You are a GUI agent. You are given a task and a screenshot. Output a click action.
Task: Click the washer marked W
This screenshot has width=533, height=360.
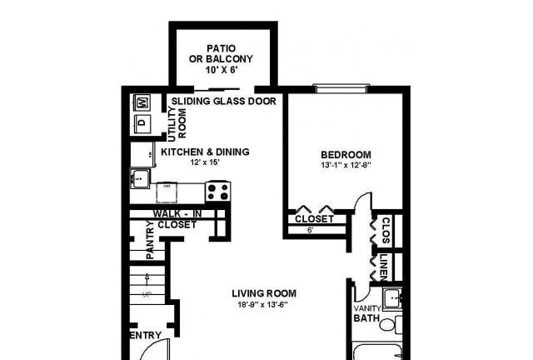tap(142, 102)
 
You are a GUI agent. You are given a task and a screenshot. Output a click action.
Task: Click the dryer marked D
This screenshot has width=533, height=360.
tap(142, 122)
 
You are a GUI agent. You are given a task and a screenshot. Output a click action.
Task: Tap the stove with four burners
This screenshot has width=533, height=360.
tap(218, 192)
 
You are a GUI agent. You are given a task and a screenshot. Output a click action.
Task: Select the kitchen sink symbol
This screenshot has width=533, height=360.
tap(140, 178)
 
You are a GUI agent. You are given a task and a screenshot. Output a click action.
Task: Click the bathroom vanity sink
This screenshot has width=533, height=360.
tap(392, 298)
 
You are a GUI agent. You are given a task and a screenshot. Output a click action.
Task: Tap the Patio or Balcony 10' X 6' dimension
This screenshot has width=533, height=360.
tap(222, 70)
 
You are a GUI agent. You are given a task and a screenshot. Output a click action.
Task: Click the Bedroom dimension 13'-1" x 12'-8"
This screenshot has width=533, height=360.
tap(346, 166)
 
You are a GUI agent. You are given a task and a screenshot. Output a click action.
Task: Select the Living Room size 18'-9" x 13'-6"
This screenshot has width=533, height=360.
tap(263, 304)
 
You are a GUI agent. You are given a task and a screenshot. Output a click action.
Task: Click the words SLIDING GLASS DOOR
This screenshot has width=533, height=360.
tap(224, 101)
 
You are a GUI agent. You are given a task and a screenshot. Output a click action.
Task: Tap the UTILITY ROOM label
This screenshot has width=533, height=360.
tap(177, 124)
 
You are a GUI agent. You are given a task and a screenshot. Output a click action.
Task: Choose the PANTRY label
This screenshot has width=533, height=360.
tap(150, 240)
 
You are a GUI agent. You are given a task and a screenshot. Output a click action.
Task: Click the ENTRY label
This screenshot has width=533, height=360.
tap(146, 335)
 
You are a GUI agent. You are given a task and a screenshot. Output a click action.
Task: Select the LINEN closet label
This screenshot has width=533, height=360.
tap(383, 267)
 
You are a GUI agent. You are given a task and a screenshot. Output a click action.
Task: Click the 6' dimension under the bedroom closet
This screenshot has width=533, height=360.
tap(311, 230)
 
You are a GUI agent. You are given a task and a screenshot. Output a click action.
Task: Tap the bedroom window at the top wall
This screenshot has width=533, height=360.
tap(341, 89)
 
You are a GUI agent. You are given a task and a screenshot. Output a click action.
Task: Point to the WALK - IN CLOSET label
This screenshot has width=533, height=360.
tap(177, 219)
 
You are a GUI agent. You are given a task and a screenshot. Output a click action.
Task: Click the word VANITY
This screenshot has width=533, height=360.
tap(367, 308)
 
